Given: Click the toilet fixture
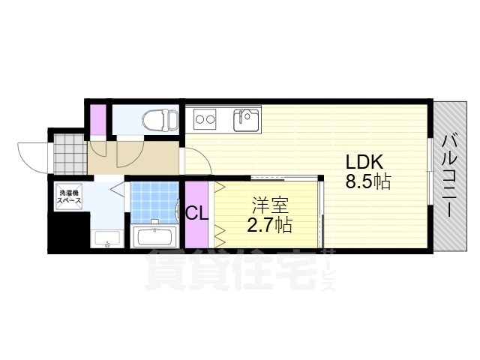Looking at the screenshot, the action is [160, 120].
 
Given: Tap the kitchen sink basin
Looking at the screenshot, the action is [246, 120].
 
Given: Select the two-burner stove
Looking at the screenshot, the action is [205, 119].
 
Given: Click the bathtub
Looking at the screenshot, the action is [154, 236].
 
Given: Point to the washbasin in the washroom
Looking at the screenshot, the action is [106, 238].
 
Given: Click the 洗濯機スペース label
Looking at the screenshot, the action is [70, 196].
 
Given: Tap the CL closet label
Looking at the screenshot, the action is [197, 213].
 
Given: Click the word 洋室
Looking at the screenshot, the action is [270, 205].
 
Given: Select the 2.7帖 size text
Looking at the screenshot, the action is [269, 225].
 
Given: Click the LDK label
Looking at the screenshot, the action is [364, 162].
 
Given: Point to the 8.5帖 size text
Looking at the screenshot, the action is [368, 181].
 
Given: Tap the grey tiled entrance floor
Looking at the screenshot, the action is [70, 154].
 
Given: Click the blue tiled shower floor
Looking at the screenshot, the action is [154, 202].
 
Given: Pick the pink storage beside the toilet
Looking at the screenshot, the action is [97, 120].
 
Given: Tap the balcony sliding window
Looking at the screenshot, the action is [430, 172].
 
